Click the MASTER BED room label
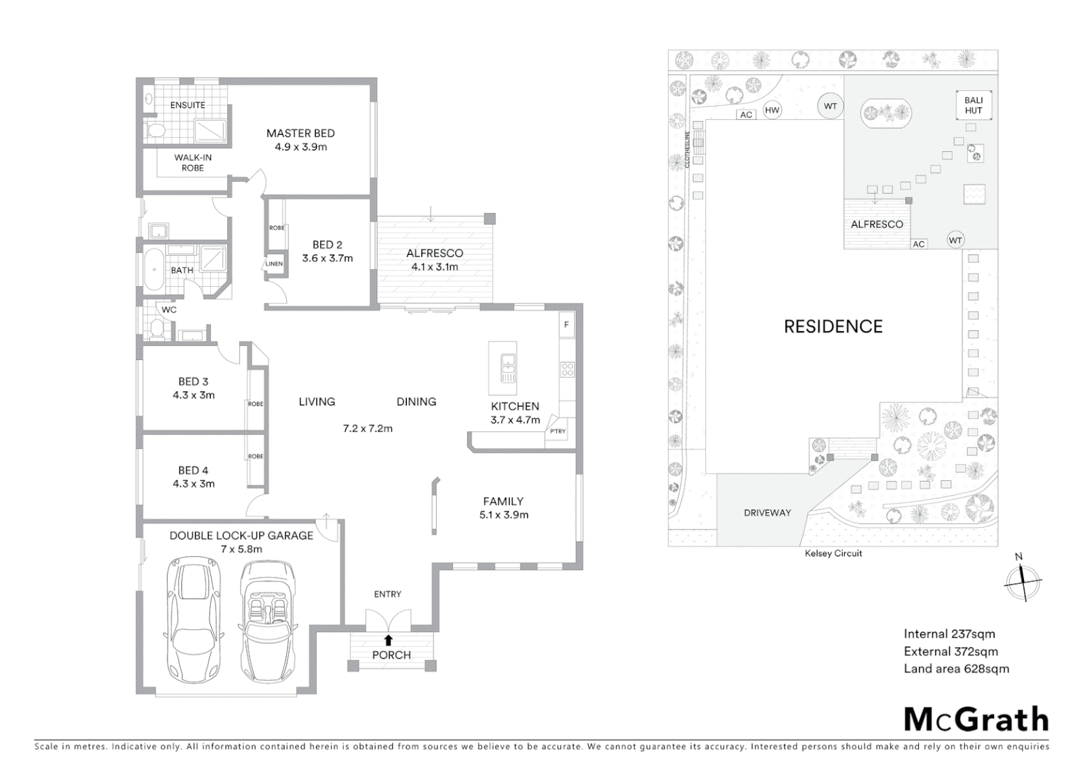(x=300, y=134)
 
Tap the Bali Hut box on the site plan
(x=973, y=105)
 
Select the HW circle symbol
(x=772, y=110)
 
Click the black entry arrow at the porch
(x=388, y=640)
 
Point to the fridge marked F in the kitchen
(x=566, y=325)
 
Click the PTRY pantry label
(x=557, y=431)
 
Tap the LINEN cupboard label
(x=274, y=263)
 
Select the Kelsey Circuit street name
(x=833, y=553)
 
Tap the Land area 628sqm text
(x=956, y=668)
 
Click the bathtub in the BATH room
(x=153, y=268)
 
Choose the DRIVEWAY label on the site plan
(x=767, y=513)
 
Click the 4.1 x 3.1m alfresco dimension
(x=435, y=267)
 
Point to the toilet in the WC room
(x=157, y=328)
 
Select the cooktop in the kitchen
(x=567, y=369)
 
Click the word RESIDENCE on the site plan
(x=833, y=327)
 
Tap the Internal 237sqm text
(x=949, y=634)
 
